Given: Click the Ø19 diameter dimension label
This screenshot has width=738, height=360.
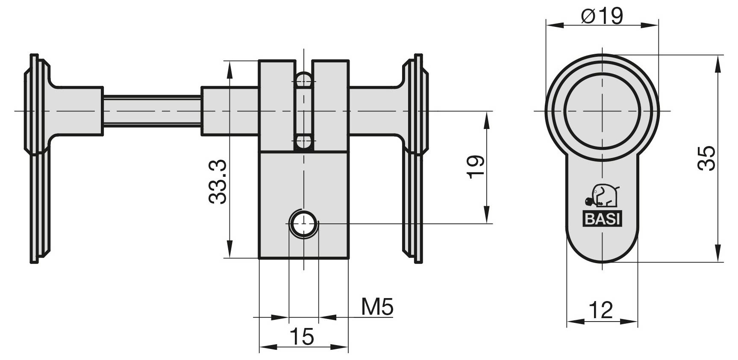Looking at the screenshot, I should [x=602, y=16].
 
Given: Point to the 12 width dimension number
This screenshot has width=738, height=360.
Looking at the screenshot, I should [x=601, y=310].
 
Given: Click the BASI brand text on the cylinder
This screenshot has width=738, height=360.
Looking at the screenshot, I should [x=603, y=220].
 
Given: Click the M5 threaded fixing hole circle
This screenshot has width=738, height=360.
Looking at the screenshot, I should [x=303, y=224].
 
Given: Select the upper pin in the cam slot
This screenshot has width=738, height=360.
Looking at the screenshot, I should [x=304, y=79].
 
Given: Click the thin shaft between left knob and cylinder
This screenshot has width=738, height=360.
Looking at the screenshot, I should [x=152, y=111].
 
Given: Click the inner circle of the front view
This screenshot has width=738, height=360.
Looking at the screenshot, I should [x=602, y=111].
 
